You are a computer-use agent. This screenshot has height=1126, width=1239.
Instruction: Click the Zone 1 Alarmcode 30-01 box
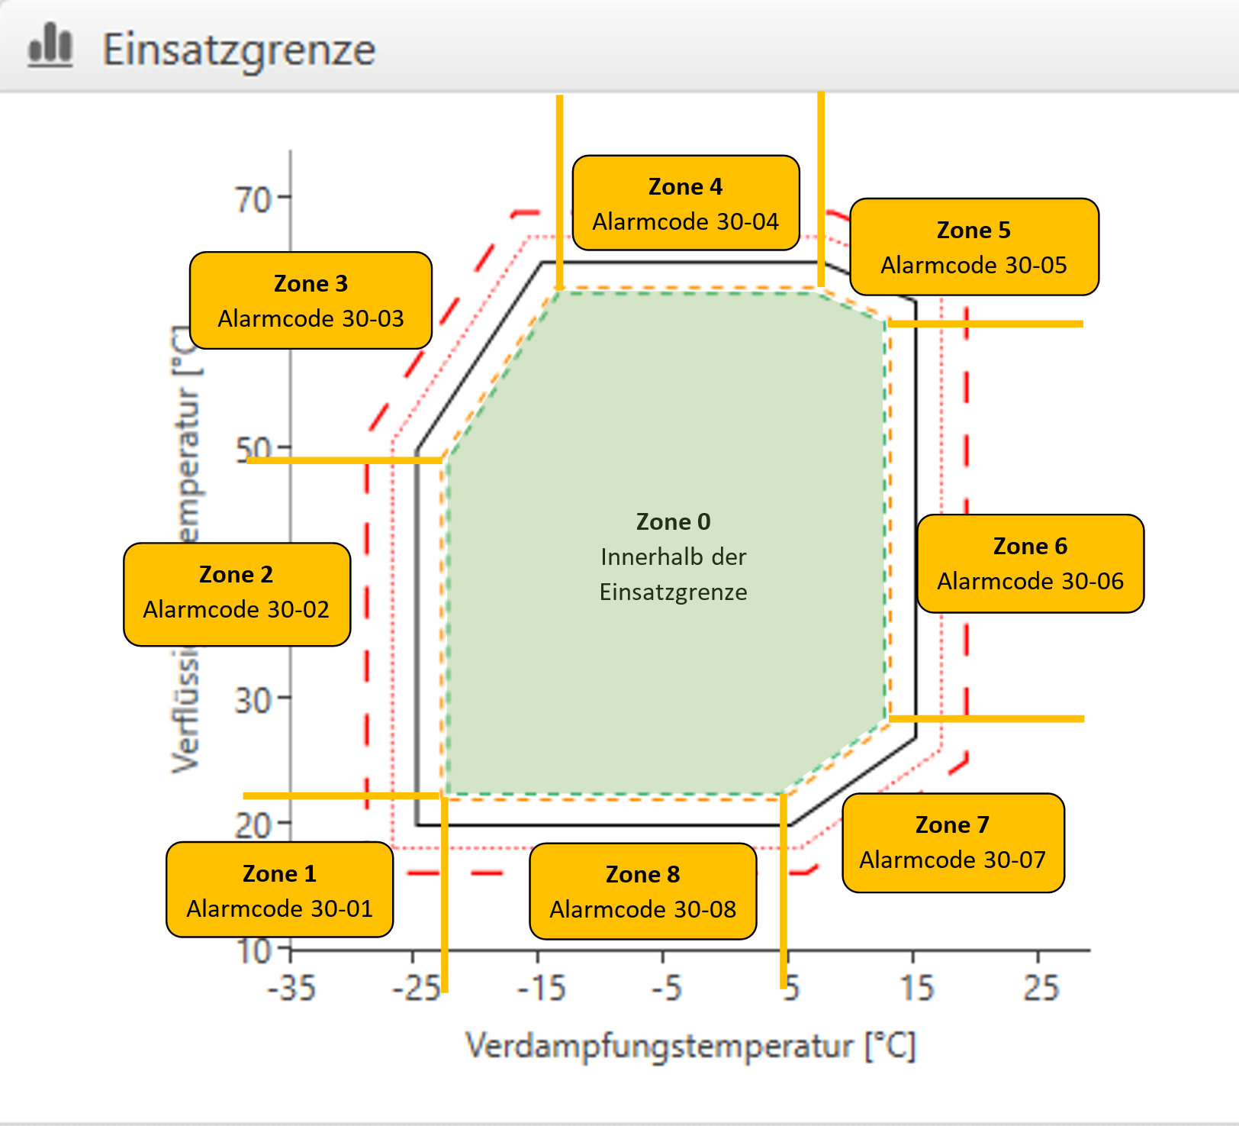pos(279,890)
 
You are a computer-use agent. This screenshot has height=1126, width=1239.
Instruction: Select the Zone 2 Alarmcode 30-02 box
pos(237,594)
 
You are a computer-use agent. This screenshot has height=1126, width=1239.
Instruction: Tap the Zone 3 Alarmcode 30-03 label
pos(311,300)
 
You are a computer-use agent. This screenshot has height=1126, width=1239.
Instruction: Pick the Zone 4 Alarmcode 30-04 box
pos(685,203)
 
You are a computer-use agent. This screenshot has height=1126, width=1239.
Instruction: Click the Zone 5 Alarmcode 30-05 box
pos(974,247)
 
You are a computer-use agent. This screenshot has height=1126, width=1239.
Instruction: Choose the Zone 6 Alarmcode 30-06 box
pos(1030,563)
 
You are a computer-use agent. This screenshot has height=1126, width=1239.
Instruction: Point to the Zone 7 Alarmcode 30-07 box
pos(952,842)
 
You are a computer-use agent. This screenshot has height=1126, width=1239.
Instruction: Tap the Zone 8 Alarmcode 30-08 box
pos(642,891)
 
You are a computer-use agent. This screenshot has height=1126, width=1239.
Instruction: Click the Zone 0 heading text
pos(673,521)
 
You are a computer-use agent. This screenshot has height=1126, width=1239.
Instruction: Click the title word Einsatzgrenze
pos(239,50)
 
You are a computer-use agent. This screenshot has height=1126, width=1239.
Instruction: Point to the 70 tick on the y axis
pos(253,200)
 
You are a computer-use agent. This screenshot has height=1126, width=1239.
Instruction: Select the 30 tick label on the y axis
pos(253,700)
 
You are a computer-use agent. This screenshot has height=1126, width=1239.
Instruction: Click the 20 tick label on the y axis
pos(253,825)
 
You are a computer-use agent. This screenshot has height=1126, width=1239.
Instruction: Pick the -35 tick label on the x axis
pos(291,988)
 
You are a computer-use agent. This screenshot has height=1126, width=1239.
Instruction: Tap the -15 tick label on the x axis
pos(541,988)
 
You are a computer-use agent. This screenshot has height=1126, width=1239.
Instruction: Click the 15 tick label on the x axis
pos(916,988)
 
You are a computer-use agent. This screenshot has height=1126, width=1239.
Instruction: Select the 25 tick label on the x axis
pos(1041,988)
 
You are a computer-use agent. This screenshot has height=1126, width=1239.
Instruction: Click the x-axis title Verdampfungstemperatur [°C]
pos(690,1046)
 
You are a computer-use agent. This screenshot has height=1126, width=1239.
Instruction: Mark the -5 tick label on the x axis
pos(666,988)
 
